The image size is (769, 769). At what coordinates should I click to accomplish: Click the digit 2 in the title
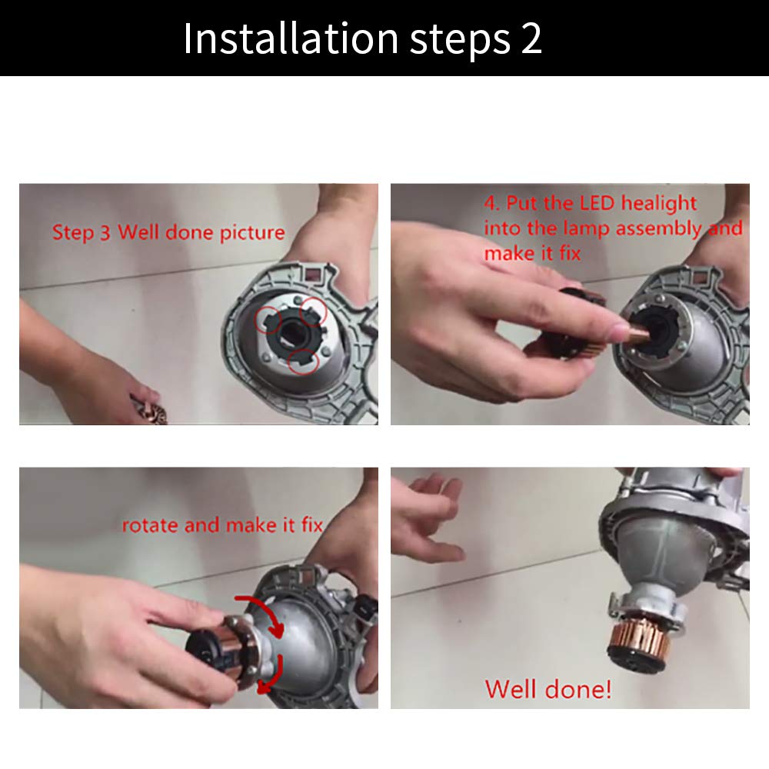pyautogui.click(x=531, y=38)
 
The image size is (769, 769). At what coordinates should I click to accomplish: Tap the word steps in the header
pyautogui.click(x=460, y=42)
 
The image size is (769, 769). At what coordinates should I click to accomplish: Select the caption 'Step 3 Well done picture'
pyautogui.click(x=168, y=232)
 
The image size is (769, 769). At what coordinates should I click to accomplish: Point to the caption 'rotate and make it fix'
pyautogui.click(x=222, y=525)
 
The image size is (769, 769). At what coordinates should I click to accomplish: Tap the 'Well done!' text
pyautogui.click(x=548, y=689)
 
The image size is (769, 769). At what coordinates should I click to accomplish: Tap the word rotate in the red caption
pyautogui.click(x=150, y=526)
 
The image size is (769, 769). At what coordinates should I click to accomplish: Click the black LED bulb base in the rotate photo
pyautogui.click(x=207, y=650)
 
